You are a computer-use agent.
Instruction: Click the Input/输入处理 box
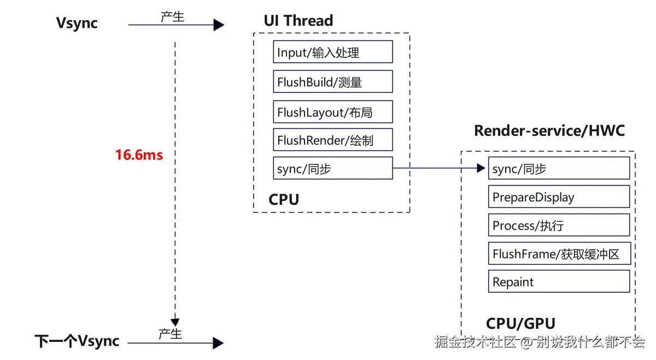coord(333,52)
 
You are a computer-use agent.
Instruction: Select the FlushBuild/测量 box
coord(333,81)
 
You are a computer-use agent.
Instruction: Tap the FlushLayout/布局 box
coord(333,111)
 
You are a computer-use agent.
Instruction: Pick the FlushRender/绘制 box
coord(333,140)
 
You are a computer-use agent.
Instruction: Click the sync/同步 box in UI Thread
coord(333,168)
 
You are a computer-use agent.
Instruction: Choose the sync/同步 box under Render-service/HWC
coord(559,168)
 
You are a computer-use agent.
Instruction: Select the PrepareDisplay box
coord(559,197)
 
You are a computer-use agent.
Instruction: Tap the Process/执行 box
coord(559,225)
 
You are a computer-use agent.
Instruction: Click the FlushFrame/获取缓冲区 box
coord(559,253)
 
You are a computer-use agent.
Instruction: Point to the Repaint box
coord(559,282)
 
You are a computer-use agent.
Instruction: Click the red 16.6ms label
coord(139,155)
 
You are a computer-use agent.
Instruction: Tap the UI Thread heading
coord(298,21)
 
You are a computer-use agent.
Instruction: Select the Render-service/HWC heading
coord(549,131)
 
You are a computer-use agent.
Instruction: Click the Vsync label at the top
coord(77,23)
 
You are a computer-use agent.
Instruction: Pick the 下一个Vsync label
coord(77,341)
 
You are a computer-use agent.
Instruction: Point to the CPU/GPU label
coord(520,323)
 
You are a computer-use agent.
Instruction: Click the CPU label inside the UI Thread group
coord(284,199)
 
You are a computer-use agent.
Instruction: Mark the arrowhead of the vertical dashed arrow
coord(175,322)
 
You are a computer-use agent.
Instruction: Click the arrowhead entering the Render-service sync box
coord(482,168)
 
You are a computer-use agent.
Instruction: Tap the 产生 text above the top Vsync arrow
coord(172,17)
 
